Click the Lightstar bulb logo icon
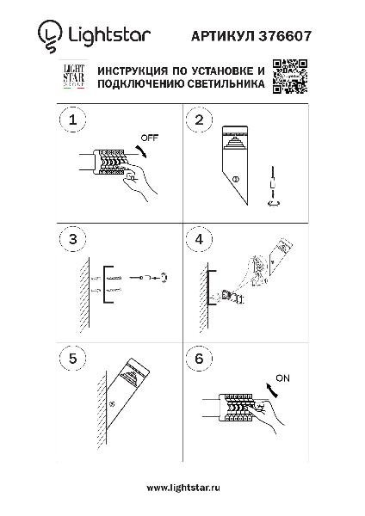point(50,36)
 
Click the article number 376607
point(285,36)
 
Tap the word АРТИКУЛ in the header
point(223,36)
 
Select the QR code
point(290,77)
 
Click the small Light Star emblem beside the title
point(74,77)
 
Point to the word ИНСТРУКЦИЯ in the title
point(132,71)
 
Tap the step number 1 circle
point(73,120)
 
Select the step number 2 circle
point(199,120)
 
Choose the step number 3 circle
point(73,239)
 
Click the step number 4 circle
point(199,239)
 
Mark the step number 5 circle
point(73,358)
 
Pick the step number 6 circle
point(199,358)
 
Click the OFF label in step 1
point(150,138)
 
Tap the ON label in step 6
point(282,378)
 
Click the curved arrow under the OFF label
point(142,151)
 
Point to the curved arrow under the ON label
point(273,390)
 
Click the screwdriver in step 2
point(273,187)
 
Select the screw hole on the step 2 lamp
point(235,180)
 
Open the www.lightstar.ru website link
point(183,488)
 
